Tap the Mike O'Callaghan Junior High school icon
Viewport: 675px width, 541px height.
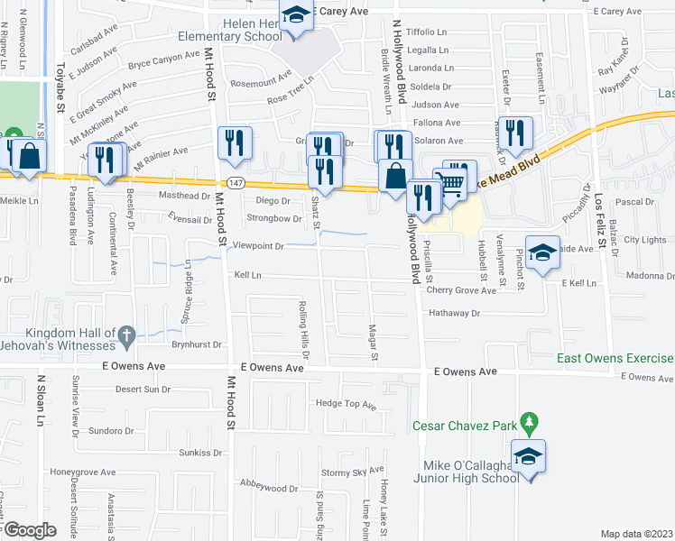tap(528, 455)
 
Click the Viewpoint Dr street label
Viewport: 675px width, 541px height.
tap(258, 245)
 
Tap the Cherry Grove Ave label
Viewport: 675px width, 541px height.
tap(461, 290)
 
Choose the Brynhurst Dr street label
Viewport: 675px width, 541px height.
tap(196, 344)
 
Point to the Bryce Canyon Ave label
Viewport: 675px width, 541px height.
tap(163, 60)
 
